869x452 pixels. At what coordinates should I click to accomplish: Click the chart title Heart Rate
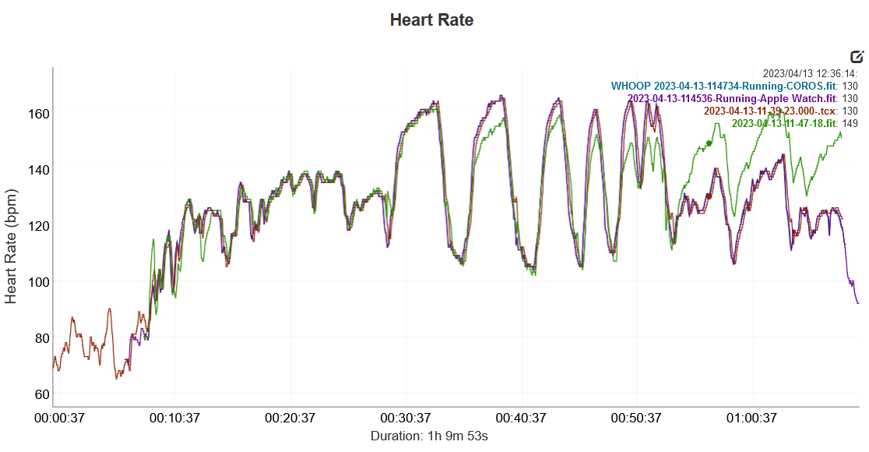pyautogui.click(x=431, y=20)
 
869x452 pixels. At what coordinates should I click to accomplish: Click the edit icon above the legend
pyautogui.click(x=857, y=57)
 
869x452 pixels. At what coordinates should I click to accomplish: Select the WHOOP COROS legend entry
pyautogui.click(x=723, y=86)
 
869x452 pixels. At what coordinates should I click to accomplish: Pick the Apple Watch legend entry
pyautogui.click(x=732, y=98)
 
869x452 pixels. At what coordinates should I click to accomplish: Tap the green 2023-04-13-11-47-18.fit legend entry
pyautogui.click(x=784, y=123)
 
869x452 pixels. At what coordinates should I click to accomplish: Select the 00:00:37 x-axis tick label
pyautogui.click(x=61, y=418)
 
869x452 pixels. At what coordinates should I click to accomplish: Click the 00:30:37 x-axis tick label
pyautogui.click(x=406, y=418)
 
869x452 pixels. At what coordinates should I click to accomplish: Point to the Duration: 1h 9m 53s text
pyautogui.click(x=429, y=436)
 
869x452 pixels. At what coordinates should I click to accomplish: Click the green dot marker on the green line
pyautogui.click(x=709, y=143)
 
